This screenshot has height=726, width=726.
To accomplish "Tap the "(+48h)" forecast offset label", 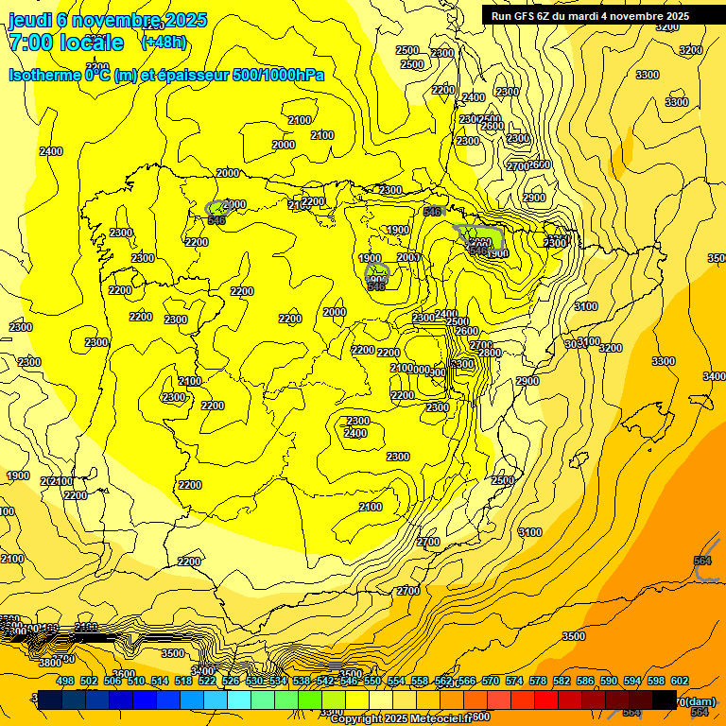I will click(164, 42).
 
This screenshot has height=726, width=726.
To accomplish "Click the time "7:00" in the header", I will click(30, 43).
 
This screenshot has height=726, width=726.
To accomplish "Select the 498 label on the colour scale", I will click(65, 681).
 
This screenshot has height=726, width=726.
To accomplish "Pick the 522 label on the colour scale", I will click(207, 681).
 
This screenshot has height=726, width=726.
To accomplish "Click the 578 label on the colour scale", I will click(538, 681).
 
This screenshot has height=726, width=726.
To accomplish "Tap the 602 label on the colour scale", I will click(680, 681).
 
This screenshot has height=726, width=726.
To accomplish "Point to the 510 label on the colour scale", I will click(136, 681).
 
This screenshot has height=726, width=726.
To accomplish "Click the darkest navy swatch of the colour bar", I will click(50, 700).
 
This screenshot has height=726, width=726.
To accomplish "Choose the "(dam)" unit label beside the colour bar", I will click(700, 701).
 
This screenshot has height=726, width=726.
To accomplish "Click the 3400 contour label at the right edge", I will click(715, 376).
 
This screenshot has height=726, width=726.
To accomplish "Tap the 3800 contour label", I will click(50, 663).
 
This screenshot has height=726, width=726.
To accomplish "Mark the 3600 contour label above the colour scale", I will click(124, 648).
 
